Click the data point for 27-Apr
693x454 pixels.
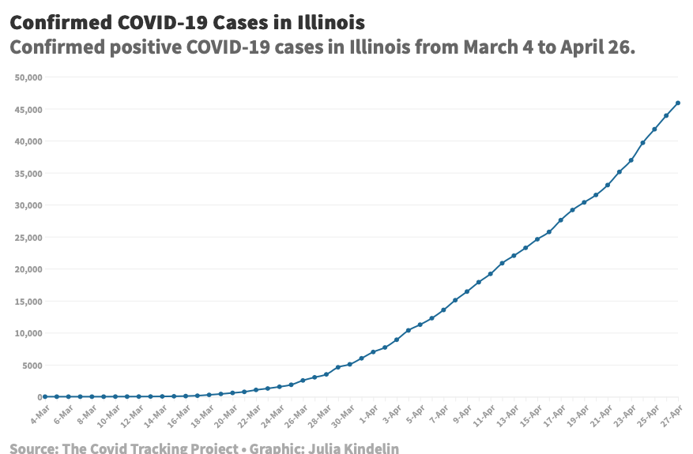pos(678,103)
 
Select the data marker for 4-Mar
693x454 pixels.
pos(45,396)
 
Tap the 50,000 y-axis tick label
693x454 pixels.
pos(28,77)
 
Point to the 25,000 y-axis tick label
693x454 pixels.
pos(28,237)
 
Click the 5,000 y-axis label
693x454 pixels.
pos(31,365)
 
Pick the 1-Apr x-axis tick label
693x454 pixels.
pos(368,413)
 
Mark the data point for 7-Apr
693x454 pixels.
pos(443,310)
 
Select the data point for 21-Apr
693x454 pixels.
pos(608,186)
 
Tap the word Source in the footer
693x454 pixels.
pos(32,448)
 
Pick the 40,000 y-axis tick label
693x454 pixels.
pos(28,141)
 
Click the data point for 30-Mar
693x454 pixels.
pos(350,364)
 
